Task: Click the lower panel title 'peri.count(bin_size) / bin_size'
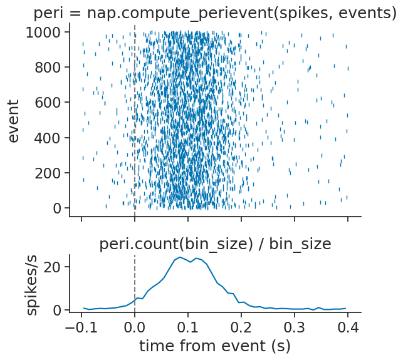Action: (x=215, y=244)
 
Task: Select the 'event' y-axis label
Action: (x=14, y=120)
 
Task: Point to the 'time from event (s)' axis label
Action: (x=215, y=345)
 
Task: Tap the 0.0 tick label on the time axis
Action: (x=135, y=327)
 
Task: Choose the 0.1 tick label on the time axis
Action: (x=188, y=327)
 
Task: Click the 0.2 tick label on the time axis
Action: (x=241, y=327)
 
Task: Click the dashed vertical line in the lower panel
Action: (x=135, y=275)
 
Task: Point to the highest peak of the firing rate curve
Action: (x=180, y=257)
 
